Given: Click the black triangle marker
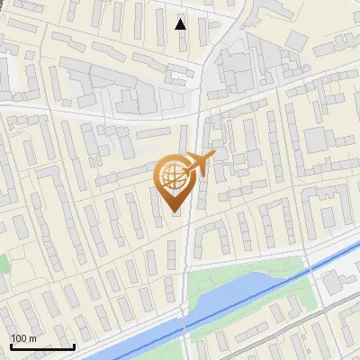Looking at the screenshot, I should (x=181, y=24).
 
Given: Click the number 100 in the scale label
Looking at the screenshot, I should (x=20, y=338).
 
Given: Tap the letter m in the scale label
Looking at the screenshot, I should (x=34, y=338).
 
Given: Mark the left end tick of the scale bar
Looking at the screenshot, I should (x=11, y=346).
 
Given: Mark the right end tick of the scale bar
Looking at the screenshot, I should (x=74, y=346).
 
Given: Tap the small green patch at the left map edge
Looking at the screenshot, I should (x=3, y=264).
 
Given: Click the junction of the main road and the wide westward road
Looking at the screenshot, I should (x=198, y=115).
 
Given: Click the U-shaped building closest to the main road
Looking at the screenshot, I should (x=212, y=237).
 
